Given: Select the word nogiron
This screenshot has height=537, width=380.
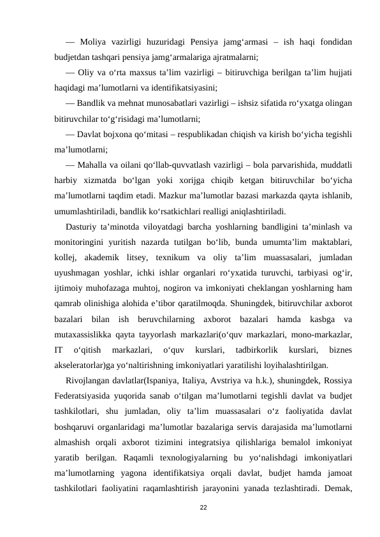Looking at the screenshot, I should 165,286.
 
